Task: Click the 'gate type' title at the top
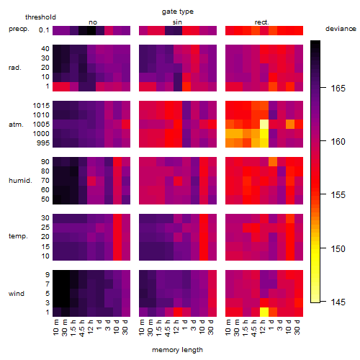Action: pos(178,12)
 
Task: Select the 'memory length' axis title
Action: pos(178,350)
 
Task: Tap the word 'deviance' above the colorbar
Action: pos(341,29)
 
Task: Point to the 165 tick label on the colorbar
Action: pos(338,89)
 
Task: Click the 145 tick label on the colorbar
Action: pos(338,302)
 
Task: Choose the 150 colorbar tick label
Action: pos(338,248)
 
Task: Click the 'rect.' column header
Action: pos(262,22)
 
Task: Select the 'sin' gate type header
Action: pos(177,22)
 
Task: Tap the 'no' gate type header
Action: pos(93,22)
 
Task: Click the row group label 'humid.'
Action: pos(20,181)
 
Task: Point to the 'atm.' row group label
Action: pos(16,125)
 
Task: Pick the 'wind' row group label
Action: pos(17,294)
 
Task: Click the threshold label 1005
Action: pos(41,125)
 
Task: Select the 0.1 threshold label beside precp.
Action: pos(44,30)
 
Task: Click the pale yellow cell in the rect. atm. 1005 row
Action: pos(264,125)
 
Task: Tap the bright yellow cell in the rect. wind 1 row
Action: pos(264,312)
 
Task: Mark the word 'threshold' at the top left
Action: pos(40,17)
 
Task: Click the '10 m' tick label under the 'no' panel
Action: pos(56,327)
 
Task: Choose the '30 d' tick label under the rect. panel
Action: pos(297,327)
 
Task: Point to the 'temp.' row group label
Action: pos(18,236)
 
